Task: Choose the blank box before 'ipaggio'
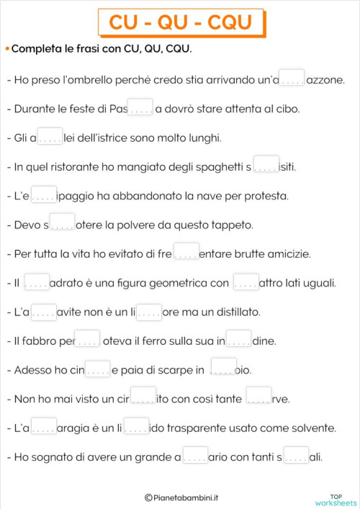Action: pos(44,194)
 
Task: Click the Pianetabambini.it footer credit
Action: pos(182,497)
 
